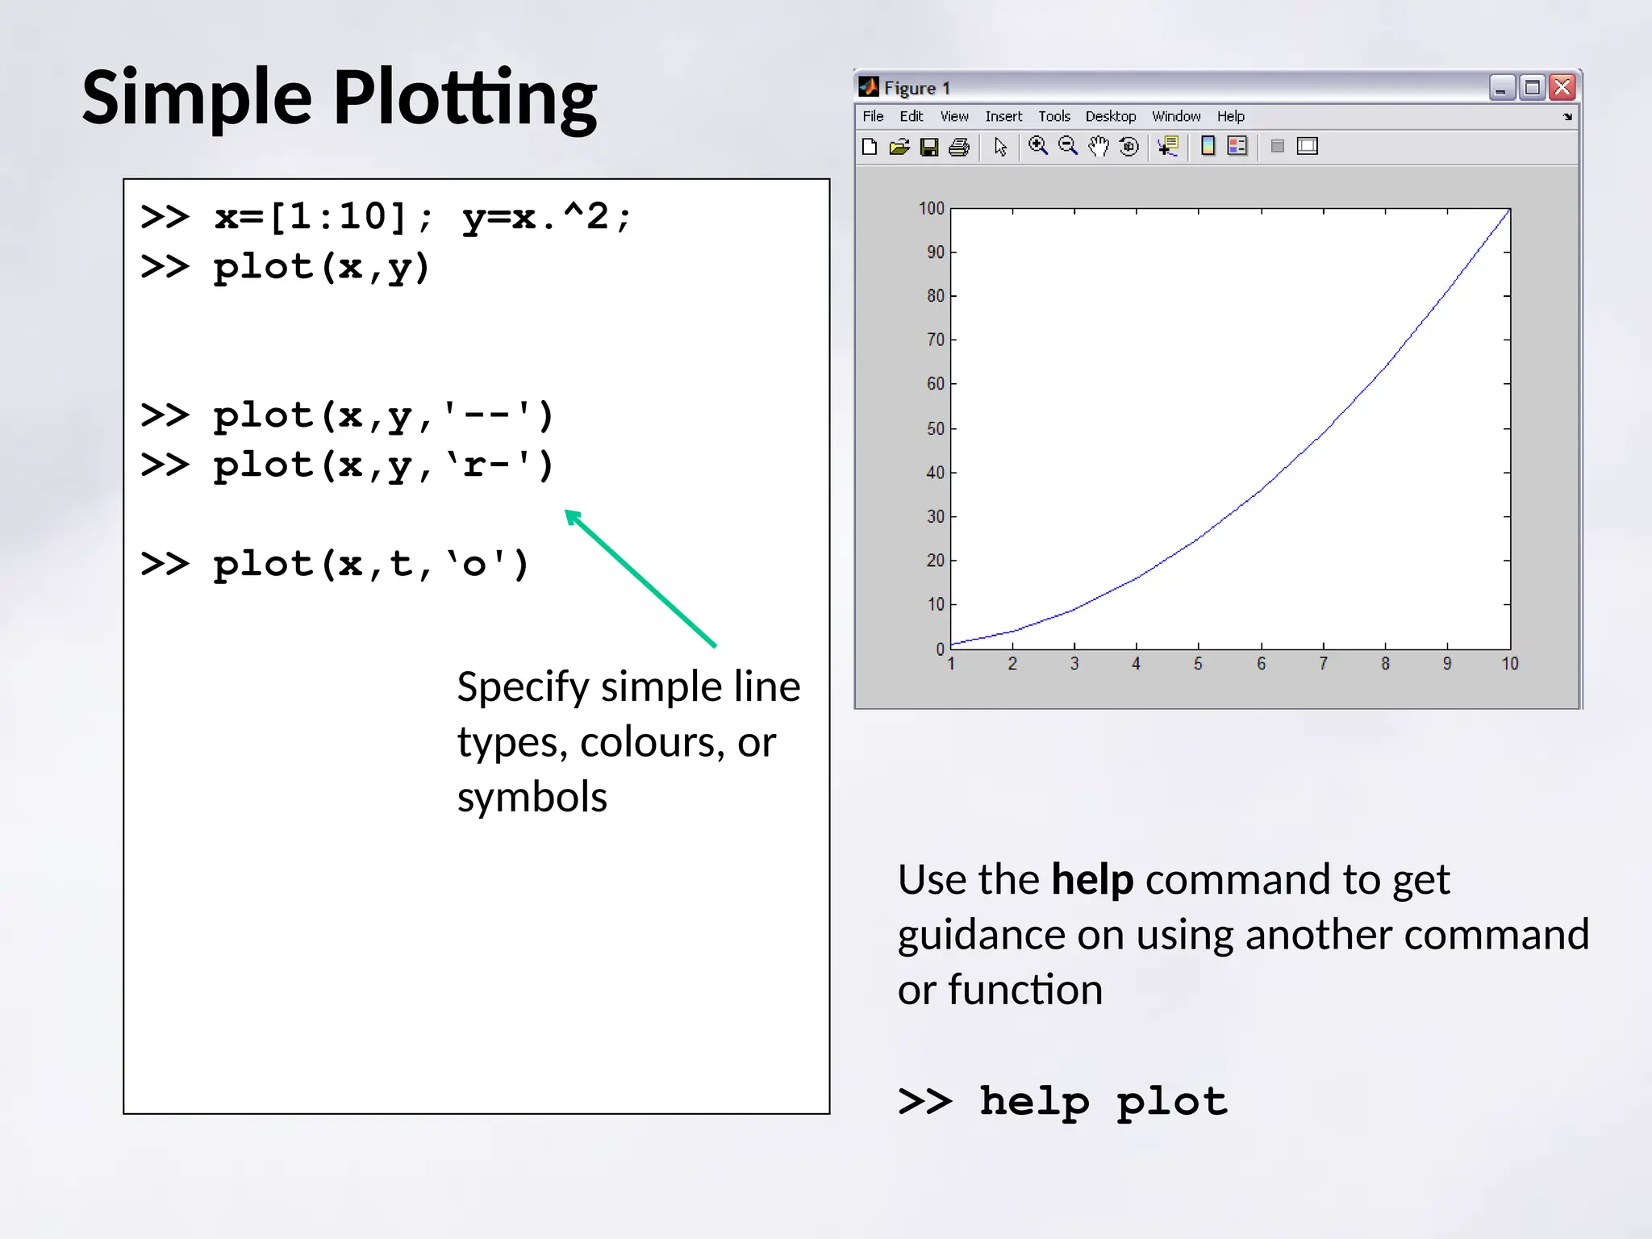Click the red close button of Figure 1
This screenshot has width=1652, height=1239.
(1562, 87)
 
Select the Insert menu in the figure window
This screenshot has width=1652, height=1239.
(1003, 116)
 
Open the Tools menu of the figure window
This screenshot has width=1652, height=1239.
(1053, 116)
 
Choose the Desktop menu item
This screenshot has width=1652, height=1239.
(1110, 116)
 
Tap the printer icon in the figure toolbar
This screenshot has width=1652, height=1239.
(959, 147)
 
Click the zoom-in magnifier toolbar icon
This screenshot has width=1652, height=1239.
(1038, 146)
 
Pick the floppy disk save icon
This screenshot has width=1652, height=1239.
(929, 147)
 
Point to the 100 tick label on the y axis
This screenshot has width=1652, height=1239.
(931, 208)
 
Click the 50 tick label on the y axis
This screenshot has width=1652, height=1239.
(935, 428)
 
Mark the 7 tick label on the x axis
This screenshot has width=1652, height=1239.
(1323, 664)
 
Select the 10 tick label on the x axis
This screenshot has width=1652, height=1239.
(1509, 664)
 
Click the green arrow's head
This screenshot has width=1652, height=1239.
(572, 516)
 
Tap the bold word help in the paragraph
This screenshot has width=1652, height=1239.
(1092, 879)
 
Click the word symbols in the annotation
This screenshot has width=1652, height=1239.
(532, 797)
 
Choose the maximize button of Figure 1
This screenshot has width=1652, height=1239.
(1532, 87)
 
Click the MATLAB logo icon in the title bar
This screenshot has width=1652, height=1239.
(869, 87)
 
